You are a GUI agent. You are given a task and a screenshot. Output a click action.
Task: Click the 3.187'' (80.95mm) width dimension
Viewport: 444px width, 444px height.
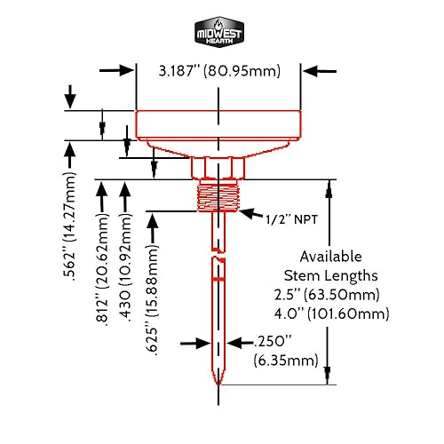[x=218, y=70]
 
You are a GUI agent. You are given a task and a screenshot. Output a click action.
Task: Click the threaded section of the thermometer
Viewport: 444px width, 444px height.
[x=218, y=194]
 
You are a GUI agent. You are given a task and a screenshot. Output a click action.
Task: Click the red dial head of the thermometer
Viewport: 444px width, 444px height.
[x=218, y=124]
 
